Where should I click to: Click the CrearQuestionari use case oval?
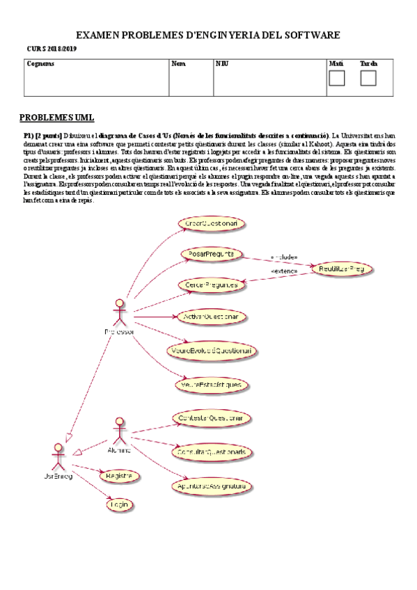click(x=212, y=223)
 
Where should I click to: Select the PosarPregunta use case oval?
click(x=210, y=254)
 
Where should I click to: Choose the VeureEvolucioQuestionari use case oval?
click(x=210, y=351)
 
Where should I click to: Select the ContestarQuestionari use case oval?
click(x=210, y=418)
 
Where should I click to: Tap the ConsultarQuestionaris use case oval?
click(x=210, y=451)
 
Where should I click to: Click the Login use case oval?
click(x=120, y=504)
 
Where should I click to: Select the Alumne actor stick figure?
click(x=119, y=429)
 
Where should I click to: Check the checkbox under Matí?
click(x=336, y=78)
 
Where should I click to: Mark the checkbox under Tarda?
click(x=368, y=78)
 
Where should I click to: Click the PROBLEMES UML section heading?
click(x=56, y=117)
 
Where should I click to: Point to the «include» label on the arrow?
click(x=284, y=255)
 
